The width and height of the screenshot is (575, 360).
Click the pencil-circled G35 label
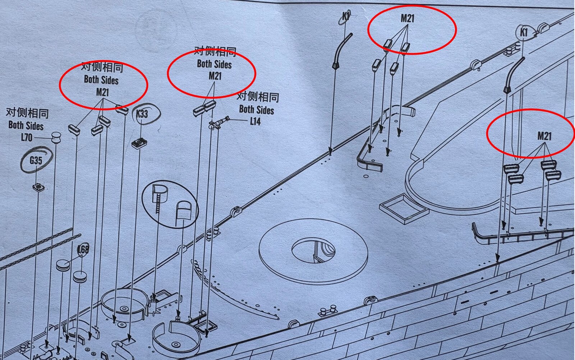36,160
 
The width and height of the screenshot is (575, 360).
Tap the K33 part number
142,114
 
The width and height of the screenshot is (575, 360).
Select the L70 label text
27,137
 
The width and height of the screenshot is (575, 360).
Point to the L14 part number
256,121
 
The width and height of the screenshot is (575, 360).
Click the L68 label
83,249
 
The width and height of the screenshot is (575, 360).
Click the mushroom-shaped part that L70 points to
56,138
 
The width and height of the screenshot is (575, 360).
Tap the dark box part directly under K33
139,143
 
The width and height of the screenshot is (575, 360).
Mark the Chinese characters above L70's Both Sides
27,113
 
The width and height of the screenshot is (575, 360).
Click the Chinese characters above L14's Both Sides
257,97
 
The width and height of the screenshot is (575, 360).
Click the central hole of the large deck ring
313,251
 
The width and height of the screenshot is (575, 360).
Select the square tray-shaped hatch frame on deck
404,209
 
